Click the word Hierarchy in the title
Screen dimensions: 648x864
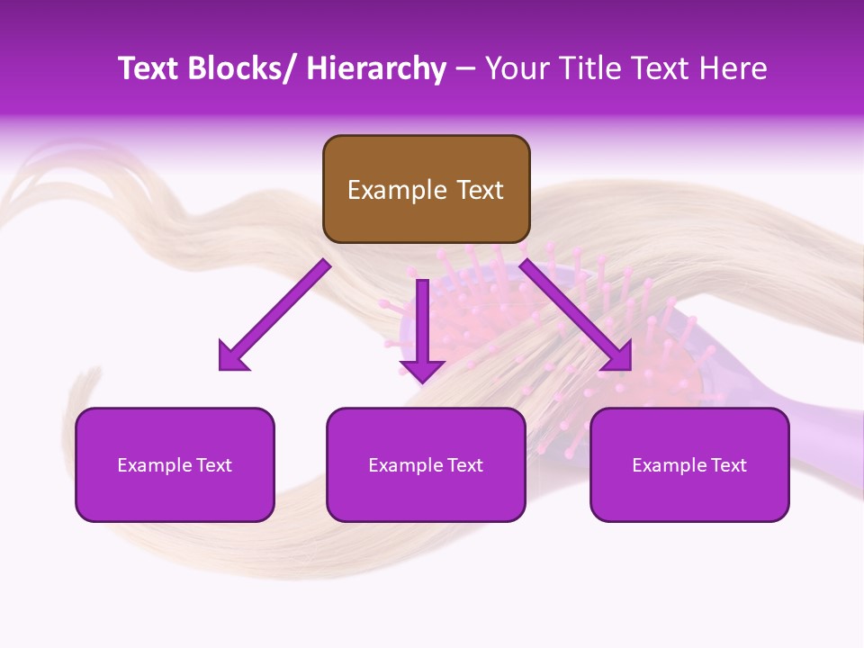tap(376, 68)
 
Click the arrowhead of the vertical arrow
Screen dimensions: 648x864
tap(422, 369)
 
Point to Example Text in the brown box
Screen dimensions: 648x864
tap(426, 190)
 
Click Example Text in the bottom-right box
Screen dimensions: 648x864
tap(689, 465)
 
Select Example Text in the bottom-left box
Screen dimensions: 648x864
tap(175, 465)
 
